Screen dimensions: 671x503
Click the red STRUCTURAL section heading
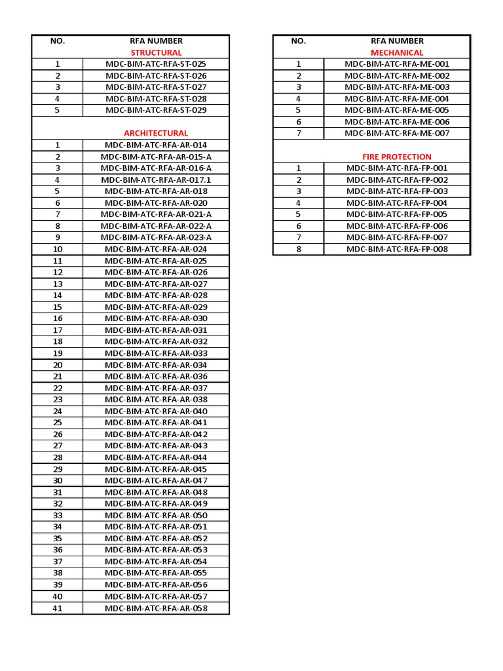coord(156,52)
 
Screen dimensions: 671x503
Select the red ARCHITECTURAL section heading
coord(156,133)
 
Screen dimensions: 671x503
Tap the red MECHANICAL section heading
coord(397,52)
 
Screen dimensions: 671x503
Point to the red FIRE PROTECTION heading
coord(397,157)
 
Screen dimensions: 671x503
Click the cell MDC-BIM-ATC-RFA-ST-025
coord(156,64)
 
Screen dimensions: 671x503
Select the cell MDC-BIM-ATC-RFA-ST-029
coord(156,110)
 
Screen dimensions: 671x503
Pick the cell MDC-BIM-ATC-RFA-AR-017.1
coord(156,180)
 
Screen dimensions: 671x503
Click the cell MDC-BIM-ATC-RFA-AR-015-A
coord(156,157)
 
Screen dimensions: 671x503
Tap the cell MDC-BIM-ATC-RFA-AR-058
coord(156,608)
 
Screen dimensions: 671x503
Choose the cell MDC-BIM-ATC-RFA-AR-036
coord(156,376)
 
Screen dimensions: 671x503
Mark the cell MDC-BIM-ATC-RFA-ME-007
coord(397,133)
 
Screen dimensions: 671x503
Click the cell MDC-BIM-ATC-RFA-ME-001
coord(397,64)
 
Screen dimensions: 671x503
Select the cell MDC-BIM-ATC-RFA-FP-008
coord(397,249)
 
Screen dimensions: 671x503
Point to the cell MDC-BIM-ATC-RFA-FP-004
coord(397,203)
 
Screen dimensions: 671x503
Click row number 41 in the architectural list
coord(58,608)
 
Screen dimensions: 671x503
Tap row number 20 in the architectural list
coord(58,365)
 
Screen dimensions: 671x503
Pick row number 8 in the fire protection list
coord(298,249)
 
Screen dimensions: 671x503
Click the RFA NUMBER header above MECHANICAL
coord(397,41)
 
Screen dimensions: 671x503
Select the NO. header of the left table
coord(58,41)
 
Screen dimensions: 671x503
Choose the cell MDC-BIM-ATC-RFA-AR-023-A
coord(156,237)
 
